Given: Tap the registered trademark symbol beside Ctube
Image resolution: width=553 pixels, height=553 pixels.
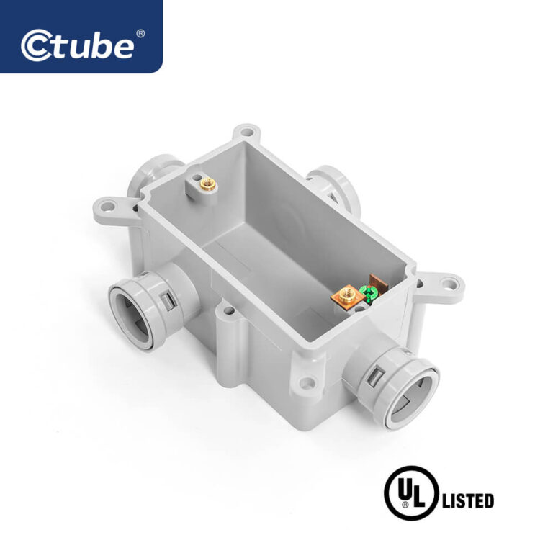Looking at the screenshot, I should [140, 33].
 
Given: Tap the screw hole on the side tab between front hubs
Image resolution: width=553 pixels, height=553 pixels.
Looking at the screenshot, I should [230, 311].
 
